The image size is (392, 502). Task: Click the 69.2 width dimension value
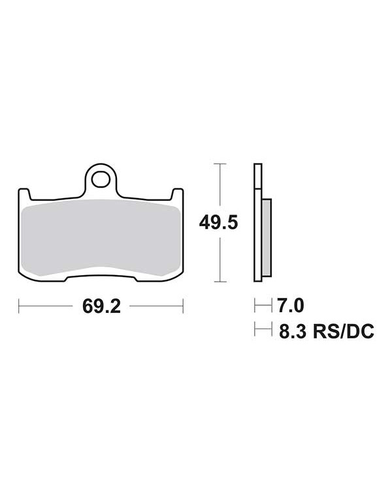[101, 306]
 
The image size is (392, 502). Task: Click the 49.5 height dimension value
[218, 222]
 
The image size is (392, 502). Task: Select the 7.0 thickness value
[290, 306]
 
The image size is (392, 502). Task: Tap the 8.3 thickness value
[292, 331]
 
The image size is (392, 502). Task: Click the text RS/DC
[343, 331]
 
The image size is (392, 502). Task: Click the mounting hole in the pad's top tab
[101, 179]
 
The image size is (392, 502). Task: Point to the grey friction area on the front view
[101, 237]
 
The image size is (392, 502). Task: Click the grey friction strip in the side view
[267, 237]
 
